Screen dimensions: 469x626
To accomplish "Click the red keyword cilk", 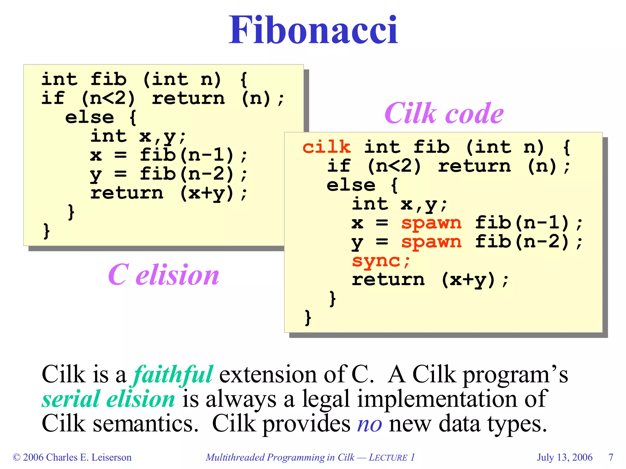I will pyautogui.click(x=326, y=147).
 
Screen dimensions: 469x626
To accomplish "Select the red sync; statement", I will pyautogui.click(x=381, y=261).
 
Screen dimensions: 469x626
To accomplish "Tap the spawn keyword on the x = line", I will pyautogui.click(x=431, y=223).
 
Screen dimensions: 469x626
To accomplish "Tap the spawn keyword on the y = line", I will pyautogui.click(x=431, y=242).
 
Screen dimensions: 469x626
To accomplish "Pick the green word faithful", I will pyautogui.click(x=173, y=374).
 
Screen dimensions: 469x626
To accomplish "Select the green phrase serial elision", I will pyautogui.click(x=109, y=399).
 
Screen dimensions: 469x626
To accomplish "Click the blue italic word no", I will pyautogui.click(x=370, y=424).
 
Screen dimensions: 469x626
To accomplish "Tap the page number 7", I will pyautogui.click(x=611, y=457).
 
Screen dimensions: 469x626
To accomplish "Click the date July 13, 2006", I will pyautogui.click(x=565, y=457).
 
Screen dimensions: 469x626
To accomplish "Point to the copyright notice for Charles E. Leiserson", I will pyautogui.click(x=72, y=457).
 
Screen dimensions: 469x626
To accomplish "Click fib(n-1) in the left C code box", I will pyautogui.click(x=187, y=155).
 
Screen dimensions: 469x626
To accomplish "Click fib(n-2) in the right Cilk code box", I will pyautogui.click(x=523, y=242).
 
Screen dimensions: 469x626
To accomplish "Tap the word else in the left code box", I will pyautogui.click(x=89, y=118).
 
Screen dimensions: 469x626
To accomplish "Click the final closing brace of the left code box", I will pyautogui.click(x=46, y=231).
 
